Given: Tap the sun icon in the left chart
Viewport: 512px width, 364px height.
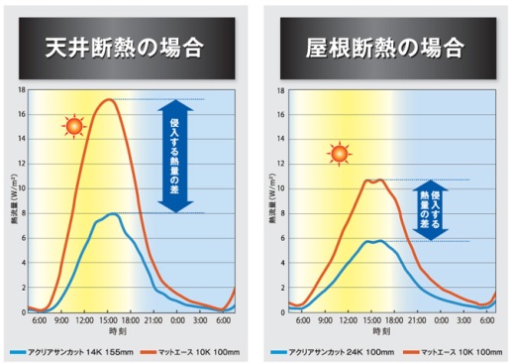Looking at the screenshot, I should tap(72, 126).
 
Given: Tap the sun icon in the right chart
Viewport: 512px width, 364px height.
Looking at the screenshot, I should tap(339, 154).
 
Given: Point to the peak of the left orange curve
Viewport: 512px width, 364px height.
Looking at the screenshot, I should tap(111, 99).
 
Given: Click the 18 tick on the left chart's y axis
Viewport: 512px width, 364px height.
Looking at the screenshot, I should tap(21, 89).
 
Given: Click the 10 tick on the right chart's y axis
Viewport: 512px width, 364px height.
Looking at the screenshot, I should tap(281, 188).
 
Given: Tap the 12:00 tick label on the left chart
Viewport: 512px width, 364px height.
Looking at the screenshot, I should tap(84, 319).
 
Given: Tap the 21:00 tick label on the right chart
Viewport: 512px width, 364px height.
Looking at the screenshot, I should tap(412, 319).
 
